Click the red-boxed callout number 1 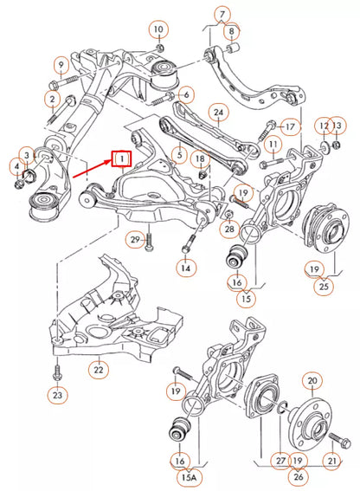pos(121,158)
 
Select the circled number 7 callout pos(222,15)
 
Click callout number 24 pos(219,112)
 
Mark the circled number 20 pos(312,379)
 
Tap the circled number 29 pos(135,238)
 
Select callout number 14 pos(185,269)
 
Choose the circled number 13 pos(337,126)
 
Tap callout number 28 pos(229,229)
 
